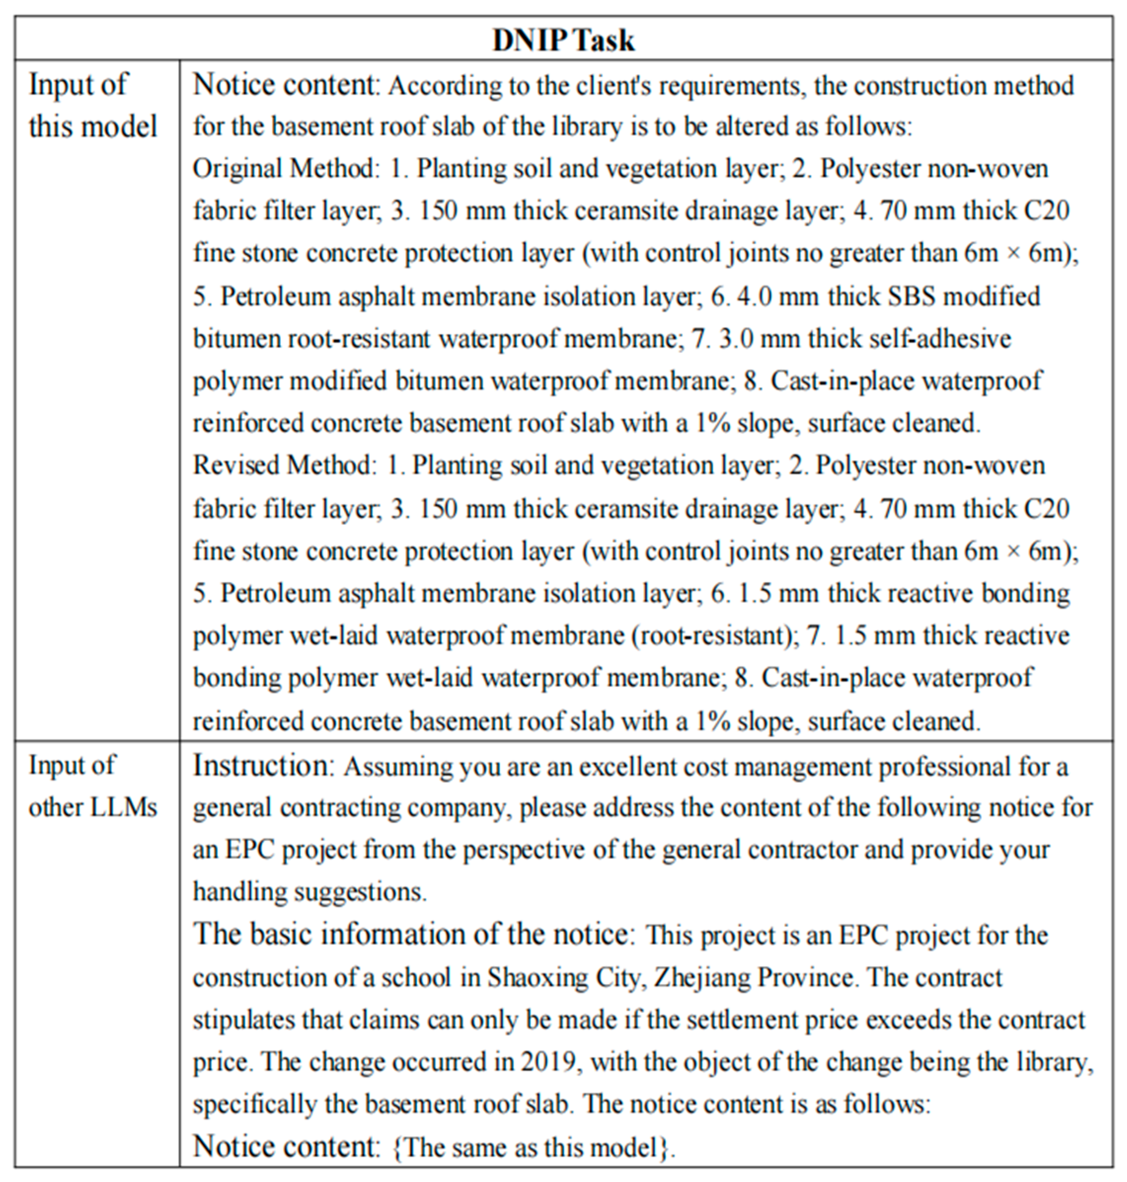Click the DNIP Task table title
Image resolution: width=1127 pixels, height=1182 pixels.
(x=563, y=40)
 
